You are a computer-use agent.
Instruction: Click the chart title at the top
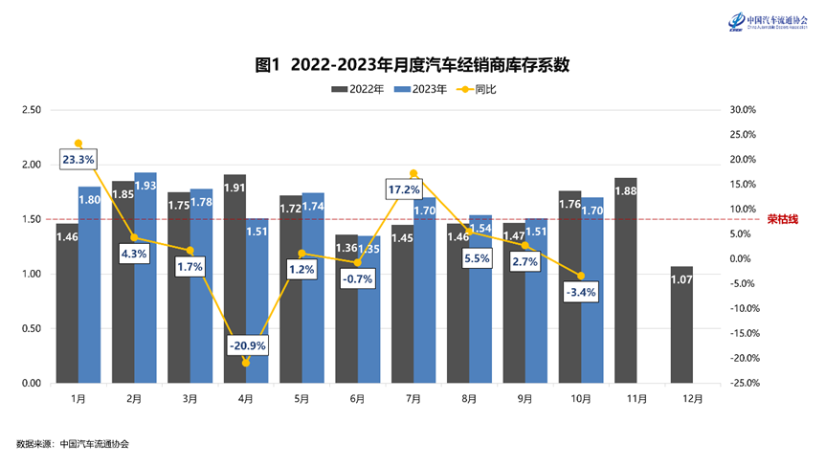click(x=413, y=65)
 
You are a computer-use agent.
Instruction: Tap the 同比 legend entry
click(x=477, y=89)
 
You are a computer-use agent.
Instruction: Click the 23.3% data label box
click(x=78, y=159)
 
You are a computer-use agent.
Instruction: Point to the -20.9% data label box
click(x=247, y=344)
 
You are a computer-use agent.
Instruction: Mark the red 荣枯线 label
click(x=782, y=219)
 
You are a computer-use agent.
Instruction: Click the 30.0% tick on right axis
click(x=743, y=110)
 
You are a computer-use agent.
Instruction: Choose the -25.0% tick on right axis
click(x=742, y=383)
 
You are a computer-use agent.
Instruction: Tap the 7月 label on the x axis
click(x=413, y=397)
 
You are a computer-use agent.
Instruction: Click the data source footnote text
click(x=73, y=444)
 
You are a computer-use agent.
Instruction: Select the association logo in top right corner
click(x=767, y=21)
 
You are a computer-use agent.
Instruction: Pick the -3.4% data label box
click(x=582, y=292)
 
